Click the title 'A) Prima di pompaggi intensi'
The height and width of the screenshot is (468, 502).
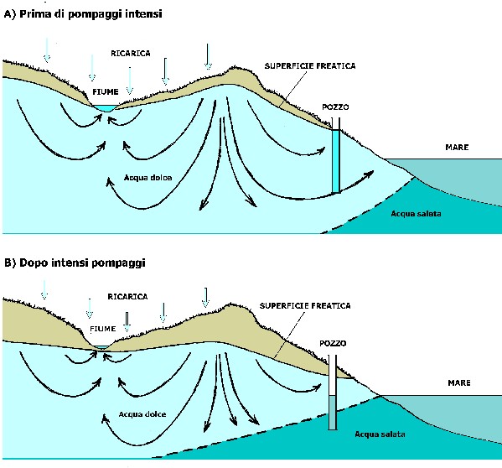(x=83, y=14)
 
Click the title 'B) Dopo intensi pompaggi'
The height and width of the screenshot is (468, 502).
(x=75, y=263)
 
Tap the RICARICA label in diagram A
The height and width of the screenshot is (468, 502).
(x=131, y=53)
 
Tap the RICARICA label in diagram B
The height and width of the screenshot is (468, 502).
(x=127, y=297)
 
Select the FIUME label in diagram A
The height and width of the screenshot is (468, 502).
(x=106, y=92)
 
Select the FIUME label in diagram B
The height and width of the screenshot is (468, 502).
(x=103, y=329)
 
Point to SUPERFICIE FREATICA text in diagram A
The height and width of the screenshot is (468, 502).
(x=310, y=66)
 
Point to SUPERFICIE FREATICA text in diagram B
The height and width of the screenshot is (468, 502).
(x=305, y=306)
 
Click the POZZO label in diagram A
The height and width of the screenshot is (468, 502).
(x=335, y=107)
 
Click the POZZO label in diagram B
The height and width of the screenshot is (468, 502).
(x=333, y=343)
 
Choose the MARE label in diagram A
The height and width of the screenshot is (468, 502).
(x=457, y=148)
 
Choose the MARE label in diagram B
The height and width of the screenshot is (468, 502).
(x=459, y=382)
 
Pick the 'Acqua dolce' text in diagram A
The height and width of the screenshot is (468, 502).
(x=147, y=178)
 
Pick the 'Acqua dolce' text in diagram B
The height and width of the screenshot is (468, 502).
(x=142, y=414)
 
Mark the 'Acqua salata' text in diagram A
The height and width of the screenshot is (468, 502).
(x=416, y=214)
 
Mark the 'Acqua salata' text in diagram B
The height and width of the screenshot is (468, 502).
(x=380, y=434)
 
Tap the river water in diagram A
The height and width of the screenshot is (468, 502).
(x=105, y=108)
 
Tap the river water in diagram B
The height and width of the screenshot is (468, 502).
(x=101, y=347)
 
